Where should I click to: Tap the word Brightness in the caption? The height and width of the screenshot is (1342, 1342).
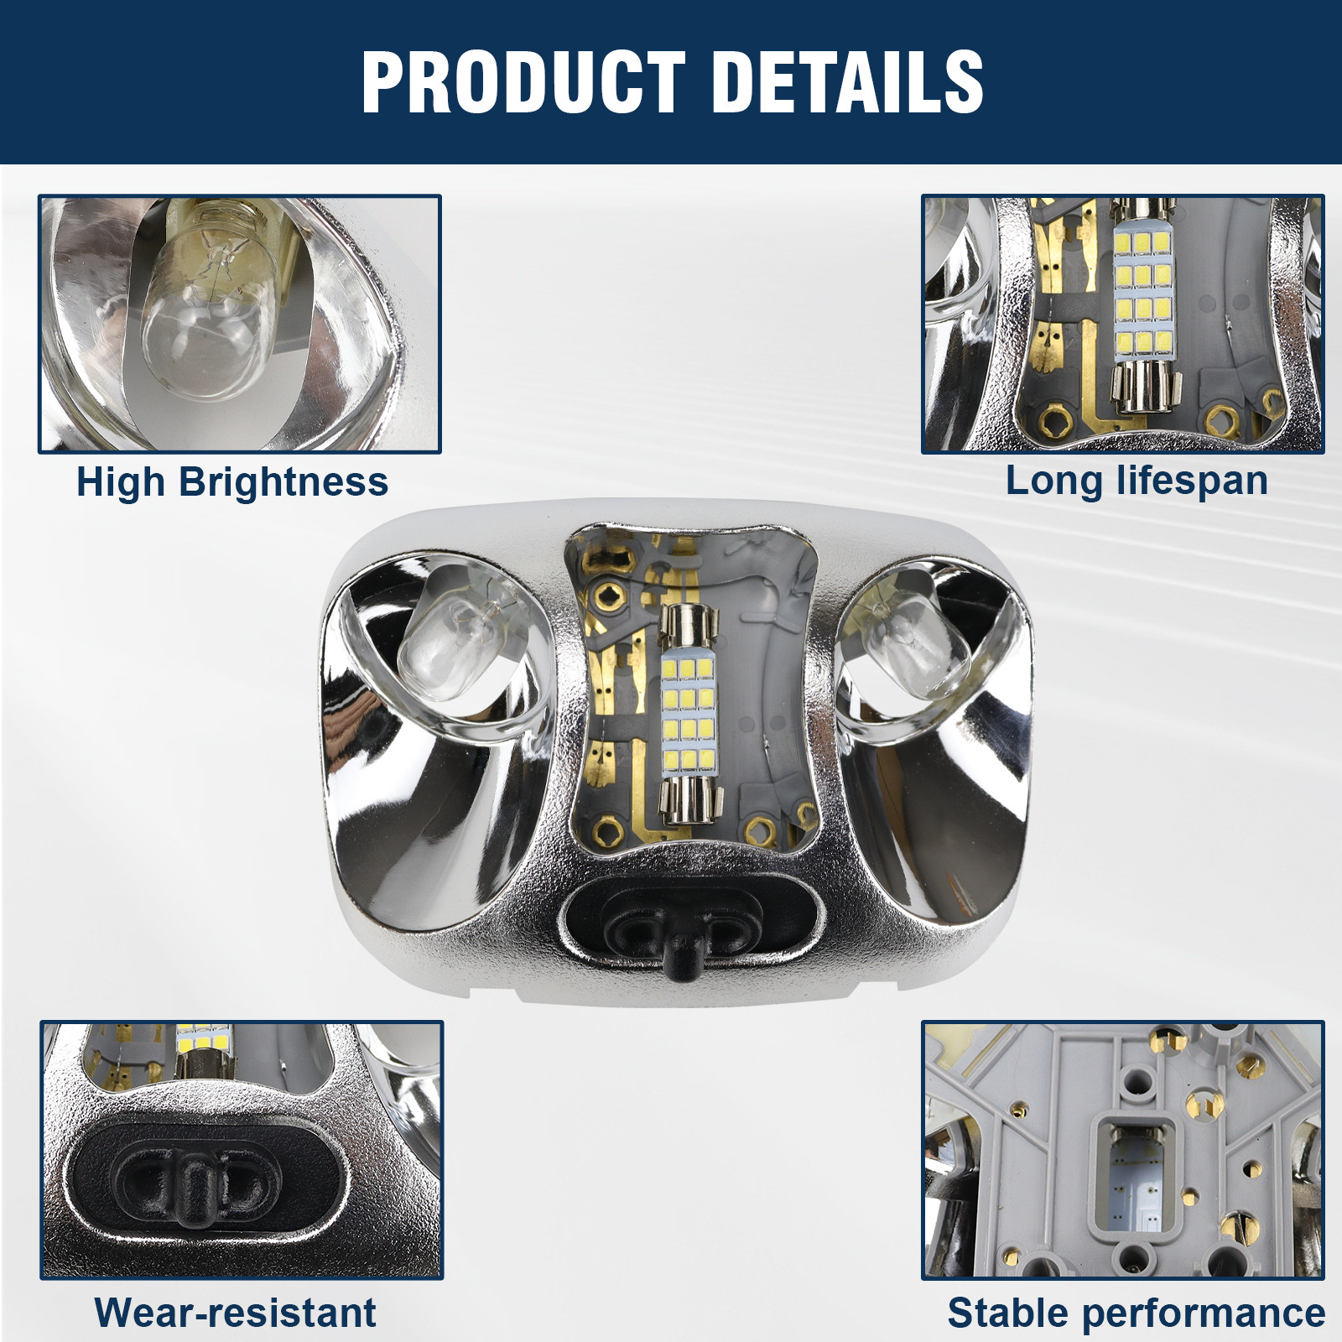283,483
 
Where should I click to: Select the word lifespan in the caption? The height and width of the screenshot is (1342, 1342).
1192,481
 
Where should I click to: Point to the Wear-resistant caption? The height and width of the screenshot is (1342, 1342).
235,1313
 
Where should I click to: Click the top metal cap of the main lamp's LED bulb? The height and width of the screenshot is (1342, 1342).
690,628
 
